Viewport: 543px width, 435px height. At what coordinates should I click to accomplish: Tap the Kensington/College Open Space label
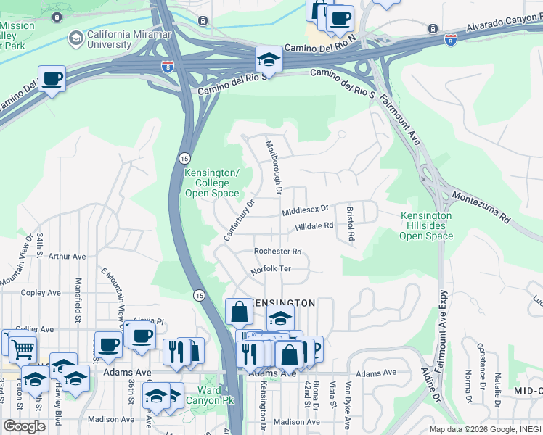point(211,183)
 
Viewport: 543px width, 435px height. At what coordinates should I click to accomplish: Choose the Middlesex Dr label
point(306,210)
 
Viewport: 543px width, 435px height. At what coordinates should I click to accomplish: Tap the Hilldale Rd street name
point(314,226)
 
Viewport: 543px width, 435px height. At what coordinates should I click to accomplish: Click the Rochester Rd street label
point(277,252)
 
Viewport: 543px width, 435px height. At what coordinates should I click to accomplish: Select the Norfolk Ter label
point(270,270)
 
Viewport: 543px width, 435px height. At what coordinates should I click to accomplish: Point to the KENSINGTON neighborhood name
point(283,302)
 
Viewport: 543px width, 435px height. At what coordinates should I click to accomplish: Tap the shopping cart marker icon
point(23,349)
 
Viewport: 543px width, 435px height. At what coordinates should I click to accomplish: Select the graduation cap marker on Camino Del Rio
point(268,59)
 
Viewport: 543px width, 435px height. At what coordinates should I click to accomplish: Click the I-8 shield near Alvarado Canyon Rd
point(451,41)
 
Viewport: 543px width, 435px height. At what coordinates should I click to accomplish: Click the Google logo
point(24,426)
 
